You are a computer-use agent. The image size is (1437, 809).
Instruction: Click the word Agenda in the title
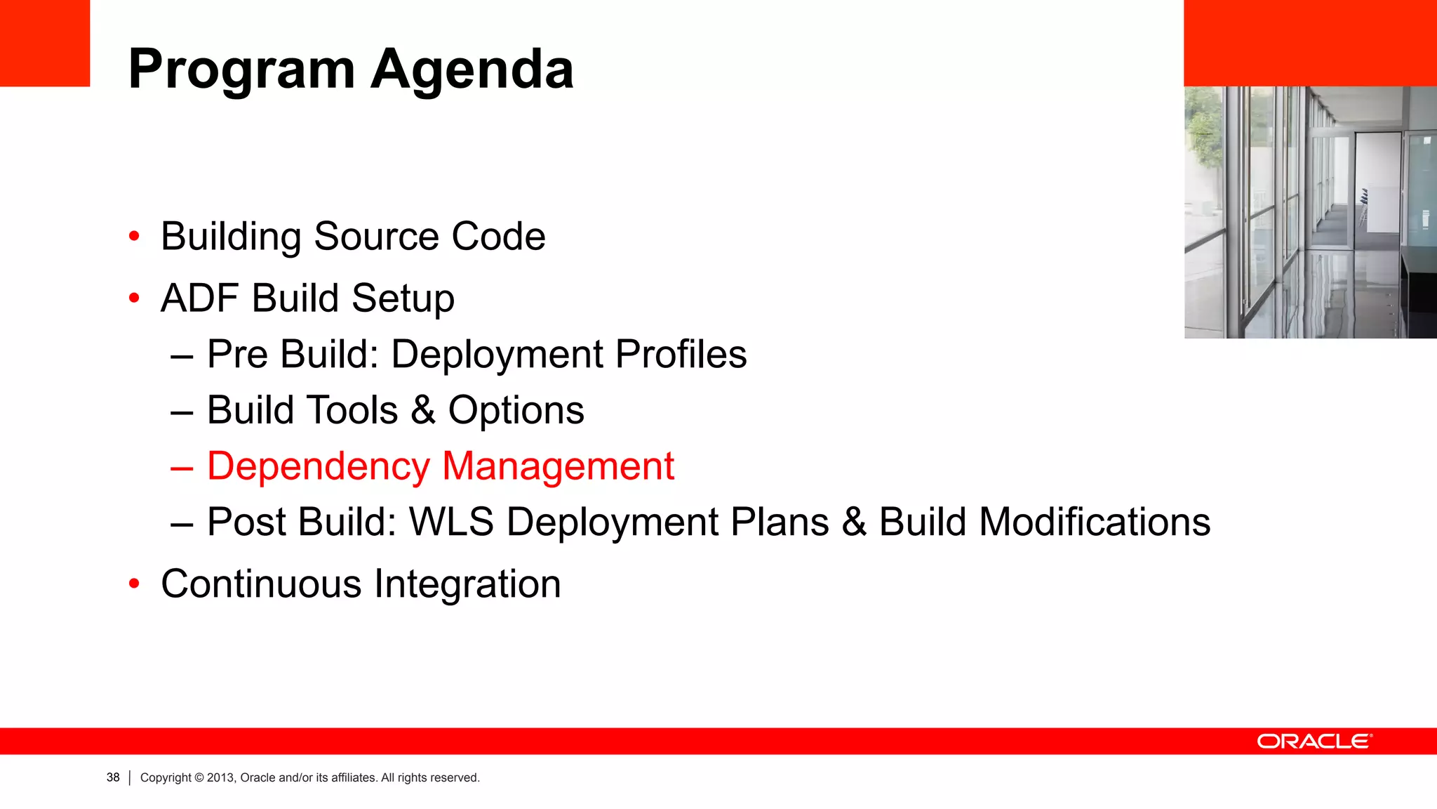coord(472,70)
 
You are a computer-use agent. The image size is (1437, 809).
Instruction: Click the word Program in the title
coord(242,70)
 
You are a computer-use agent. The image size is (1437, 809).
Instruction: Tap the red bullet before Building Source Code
coord(134,236)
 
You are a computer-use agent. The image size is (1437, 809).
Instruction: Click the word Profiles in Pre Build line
coord(681,354)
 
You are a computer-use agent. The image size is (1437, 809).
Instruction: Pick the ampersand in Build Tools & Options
coord(422,410)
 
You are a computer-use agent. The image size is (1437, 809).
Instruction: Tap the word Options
coord(516,411)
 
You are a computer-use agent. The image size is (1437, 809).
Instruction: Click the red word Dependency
coord(319,467)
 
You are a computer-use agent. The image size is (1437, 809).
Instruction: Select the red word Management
coord(558,467)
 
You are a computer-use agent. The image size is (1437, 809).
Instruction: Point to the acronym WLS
coord(451,522)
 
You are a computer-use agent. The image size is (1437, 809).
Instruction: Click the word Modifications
coord(1094,522)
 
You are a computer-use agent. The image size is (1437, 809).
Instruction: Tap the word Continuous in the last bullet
coord(261,584)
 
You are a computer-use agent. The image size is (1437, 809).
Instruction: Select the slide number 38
coord(113,777)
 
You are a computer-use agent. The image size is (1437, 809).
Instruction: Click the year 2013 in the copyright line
coord(220,777)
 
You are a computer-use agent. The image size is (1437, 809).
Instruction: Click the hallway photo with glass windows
coord(1310,212)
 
